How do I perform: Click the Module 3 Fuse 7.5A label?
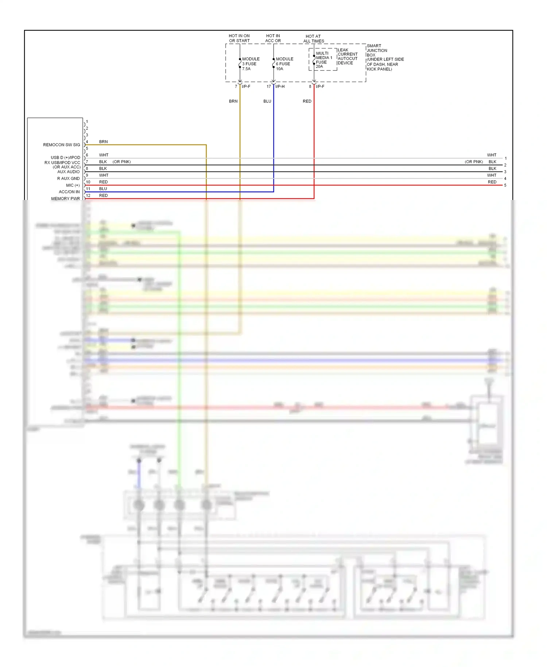251,64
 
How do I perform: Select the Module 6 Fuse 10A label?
284,64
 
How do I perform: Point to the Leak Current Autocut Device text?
347,57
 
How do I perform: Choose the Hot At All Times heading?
313,39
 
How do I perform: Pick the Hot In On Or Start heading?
239,38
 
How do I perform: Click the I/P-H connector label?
280,86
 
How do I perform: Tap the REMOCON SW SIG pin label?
61,145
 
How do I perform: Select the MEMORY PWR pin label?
65,198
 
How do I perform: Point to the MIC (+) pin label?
73,185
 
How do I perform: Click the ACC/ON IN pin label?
69,192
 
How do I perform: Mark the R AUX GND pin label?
68,178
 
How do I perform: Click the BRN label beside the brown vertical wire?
233,101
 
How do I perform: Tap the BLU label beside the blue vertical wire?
267,101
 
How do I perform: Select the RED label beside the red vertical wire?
307,101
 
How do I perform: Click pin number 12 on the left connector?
88,196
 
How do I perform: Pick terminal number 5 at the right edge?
505,185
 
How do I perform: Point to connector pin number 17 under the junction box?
269,86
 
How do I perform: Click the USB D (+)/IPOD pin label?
65,158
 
